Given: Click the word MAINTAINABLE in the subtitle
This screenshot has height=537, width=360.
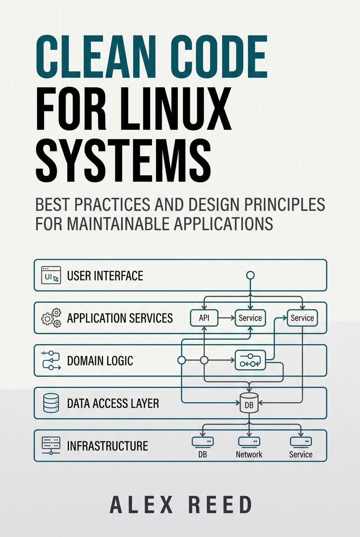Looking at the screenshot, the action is click(x=120, y=223).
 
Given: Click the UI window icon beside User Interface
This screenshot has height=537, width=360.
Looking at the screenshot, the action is click(x=51, y=275).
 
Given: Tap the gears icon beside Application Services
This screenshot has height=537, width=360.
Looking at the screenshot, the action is click(x=51, y=318).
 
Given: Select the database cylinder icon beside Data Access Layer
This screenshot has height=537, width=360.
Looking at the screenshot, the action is click(x=51, y=403).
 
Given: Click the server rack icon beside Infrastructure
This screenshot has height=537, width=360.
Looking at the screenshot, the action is click(x=51, y=446).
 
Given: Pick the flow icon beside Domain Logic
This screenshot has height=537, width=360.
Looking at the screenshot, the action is click(x=51, y=360).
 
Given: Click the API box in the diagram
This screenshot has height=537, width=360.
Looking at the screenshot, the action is click(x=204, y=318).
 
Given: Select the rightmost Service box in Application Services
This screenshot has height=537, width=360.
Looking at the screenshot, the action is click(x=302, y=318).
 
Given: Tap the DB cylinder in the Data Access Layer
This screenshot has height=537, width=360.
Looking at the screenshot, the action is click(x=249, y=403).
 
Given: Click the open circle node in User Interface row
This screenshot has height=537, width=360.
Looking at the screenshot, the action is click(x=250, y=275).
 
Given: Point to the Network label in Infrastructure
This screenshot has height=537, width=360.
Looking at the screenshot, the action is click(x=249, y=454).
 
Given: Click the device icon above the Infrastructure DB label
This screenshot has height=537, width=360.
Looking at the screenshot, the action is click(x=203, y=441).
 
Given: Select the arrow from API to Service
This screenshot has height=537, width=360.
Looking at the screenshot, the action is click(x=227, y=318).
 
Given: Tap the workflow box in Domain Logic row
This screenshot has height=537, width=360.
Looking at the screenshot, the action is click(x=250, y=360).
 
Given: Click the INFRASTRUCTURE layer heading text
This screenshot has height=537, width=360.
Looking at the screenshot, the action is click(x=107, y=446).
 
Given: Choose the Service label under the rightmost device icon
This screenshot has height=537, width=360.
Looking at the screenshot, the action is click(x=301, y=454).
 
